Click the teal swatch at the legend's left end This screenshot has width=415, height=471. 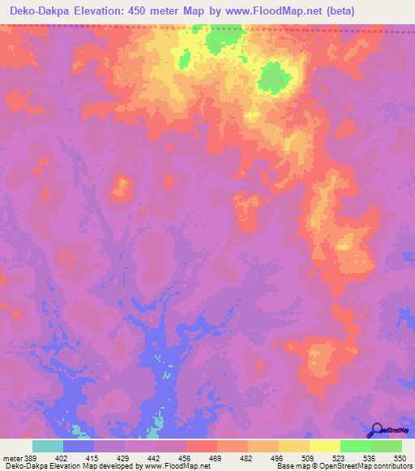pyautogui.click(x=48, y=446)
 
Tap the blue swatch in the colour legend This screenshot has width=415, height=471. pyautogui.click(x=79, y=446)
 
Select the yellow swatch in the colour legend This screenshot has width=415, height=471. pyautogui.click(x=325, y=446)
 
